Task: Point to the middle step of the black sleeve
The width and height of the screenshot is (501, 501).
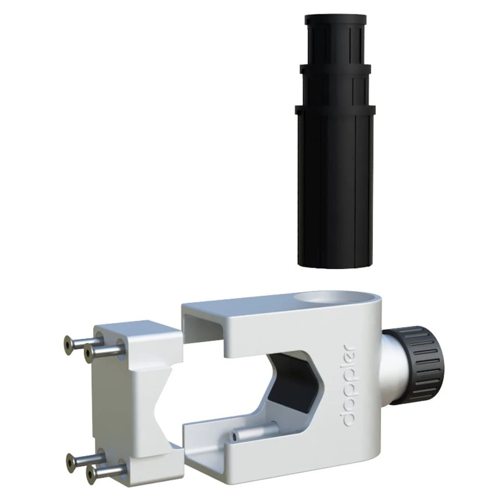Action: tap(335, 87)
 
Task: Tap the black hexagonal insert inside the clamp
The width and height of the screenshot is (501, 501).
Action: tap(291, 383)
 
